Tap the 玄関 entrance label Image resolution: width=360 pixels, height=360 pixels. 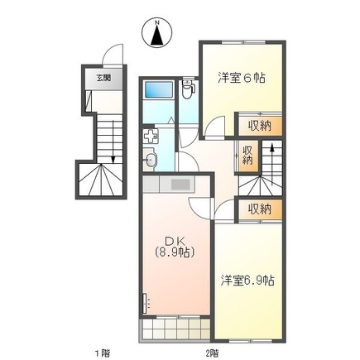[103, 79]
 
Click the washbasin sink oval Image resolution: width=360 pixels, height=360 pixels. [151, 161]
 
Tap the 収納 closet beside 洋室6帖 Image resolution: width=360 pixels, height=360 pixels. [260, 126]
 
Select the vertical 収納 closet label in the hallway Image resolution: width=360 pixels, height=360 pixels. [247, 156]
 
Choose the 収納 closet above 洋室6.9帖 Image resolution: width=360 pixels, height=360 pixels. [260, 210]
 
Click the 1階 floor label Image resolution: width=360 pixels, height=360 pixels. [102, 353]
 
